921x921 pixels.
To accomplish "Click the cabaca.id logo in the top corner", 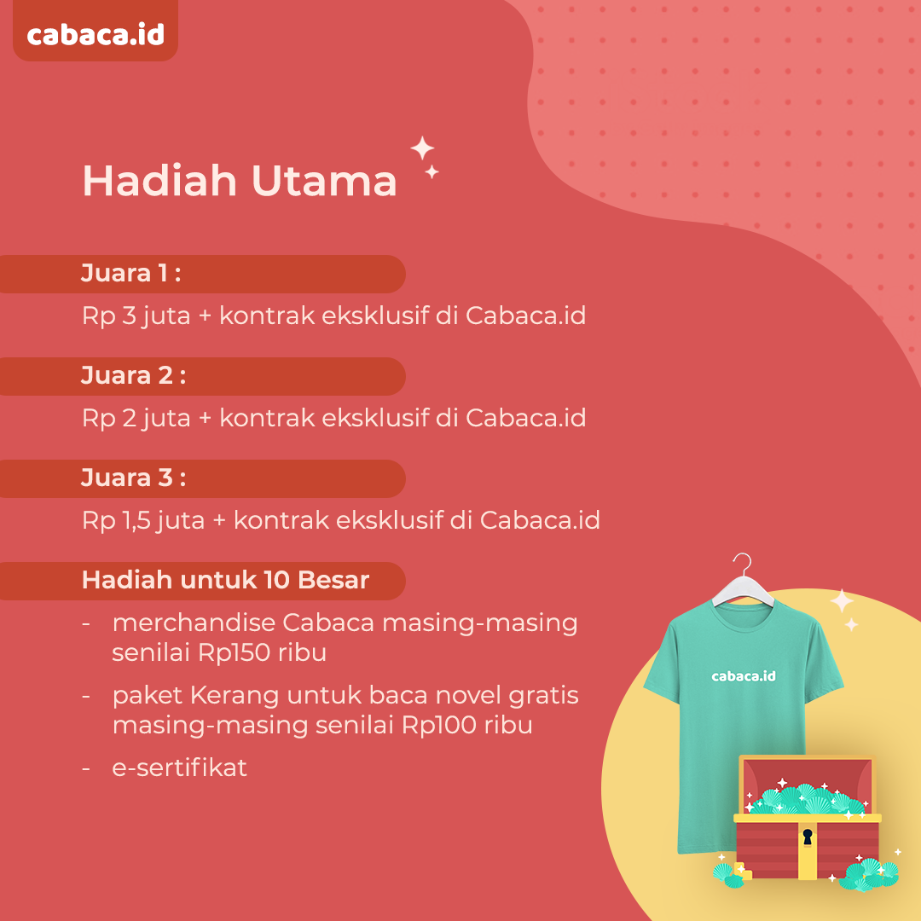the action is point(96,35).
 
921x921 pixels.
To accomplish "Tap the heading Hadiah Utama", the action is point(240,180).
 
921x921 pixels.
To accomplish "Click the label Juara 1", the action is point(130,274).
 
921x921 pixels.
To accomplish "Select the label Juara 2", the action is point(133,376).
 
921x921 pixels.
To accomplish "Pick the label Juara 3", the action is point(133,478).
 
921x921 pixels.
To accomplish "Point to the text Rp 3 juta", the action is point(136,316).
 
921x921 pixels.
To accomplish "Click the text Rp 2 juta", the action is point(136,418).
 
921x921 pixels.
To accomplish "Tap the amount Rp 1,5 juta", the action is point(143,520).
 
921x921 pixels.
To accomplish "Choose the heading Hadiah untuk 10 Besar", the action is point(225,581).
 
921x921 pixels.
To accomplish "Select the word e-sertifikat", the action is point(180,767).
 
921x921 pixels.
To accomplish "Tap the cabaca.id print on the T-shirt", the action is point(744,676).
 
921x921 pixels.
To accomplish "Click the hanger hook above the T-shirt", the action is point(744,564).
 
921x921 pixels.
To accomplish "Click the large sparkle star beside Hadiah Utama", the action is point(422,148).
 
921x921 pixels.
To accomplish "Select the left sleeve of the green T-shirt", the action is point(662,657).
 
